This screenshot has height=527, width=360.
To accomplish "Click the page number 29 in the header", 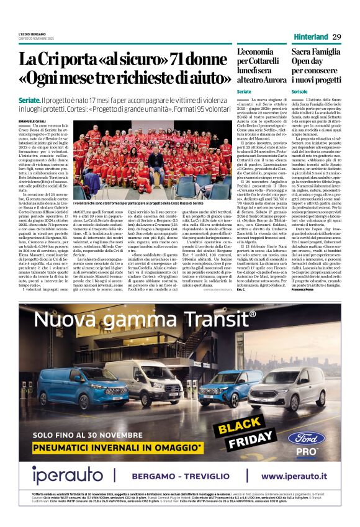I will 336,37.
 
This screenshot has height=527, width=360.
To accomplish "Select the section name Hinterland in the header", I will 310,37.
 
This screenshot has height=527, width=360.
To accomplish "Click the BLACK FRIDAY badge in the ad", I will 239,426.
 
